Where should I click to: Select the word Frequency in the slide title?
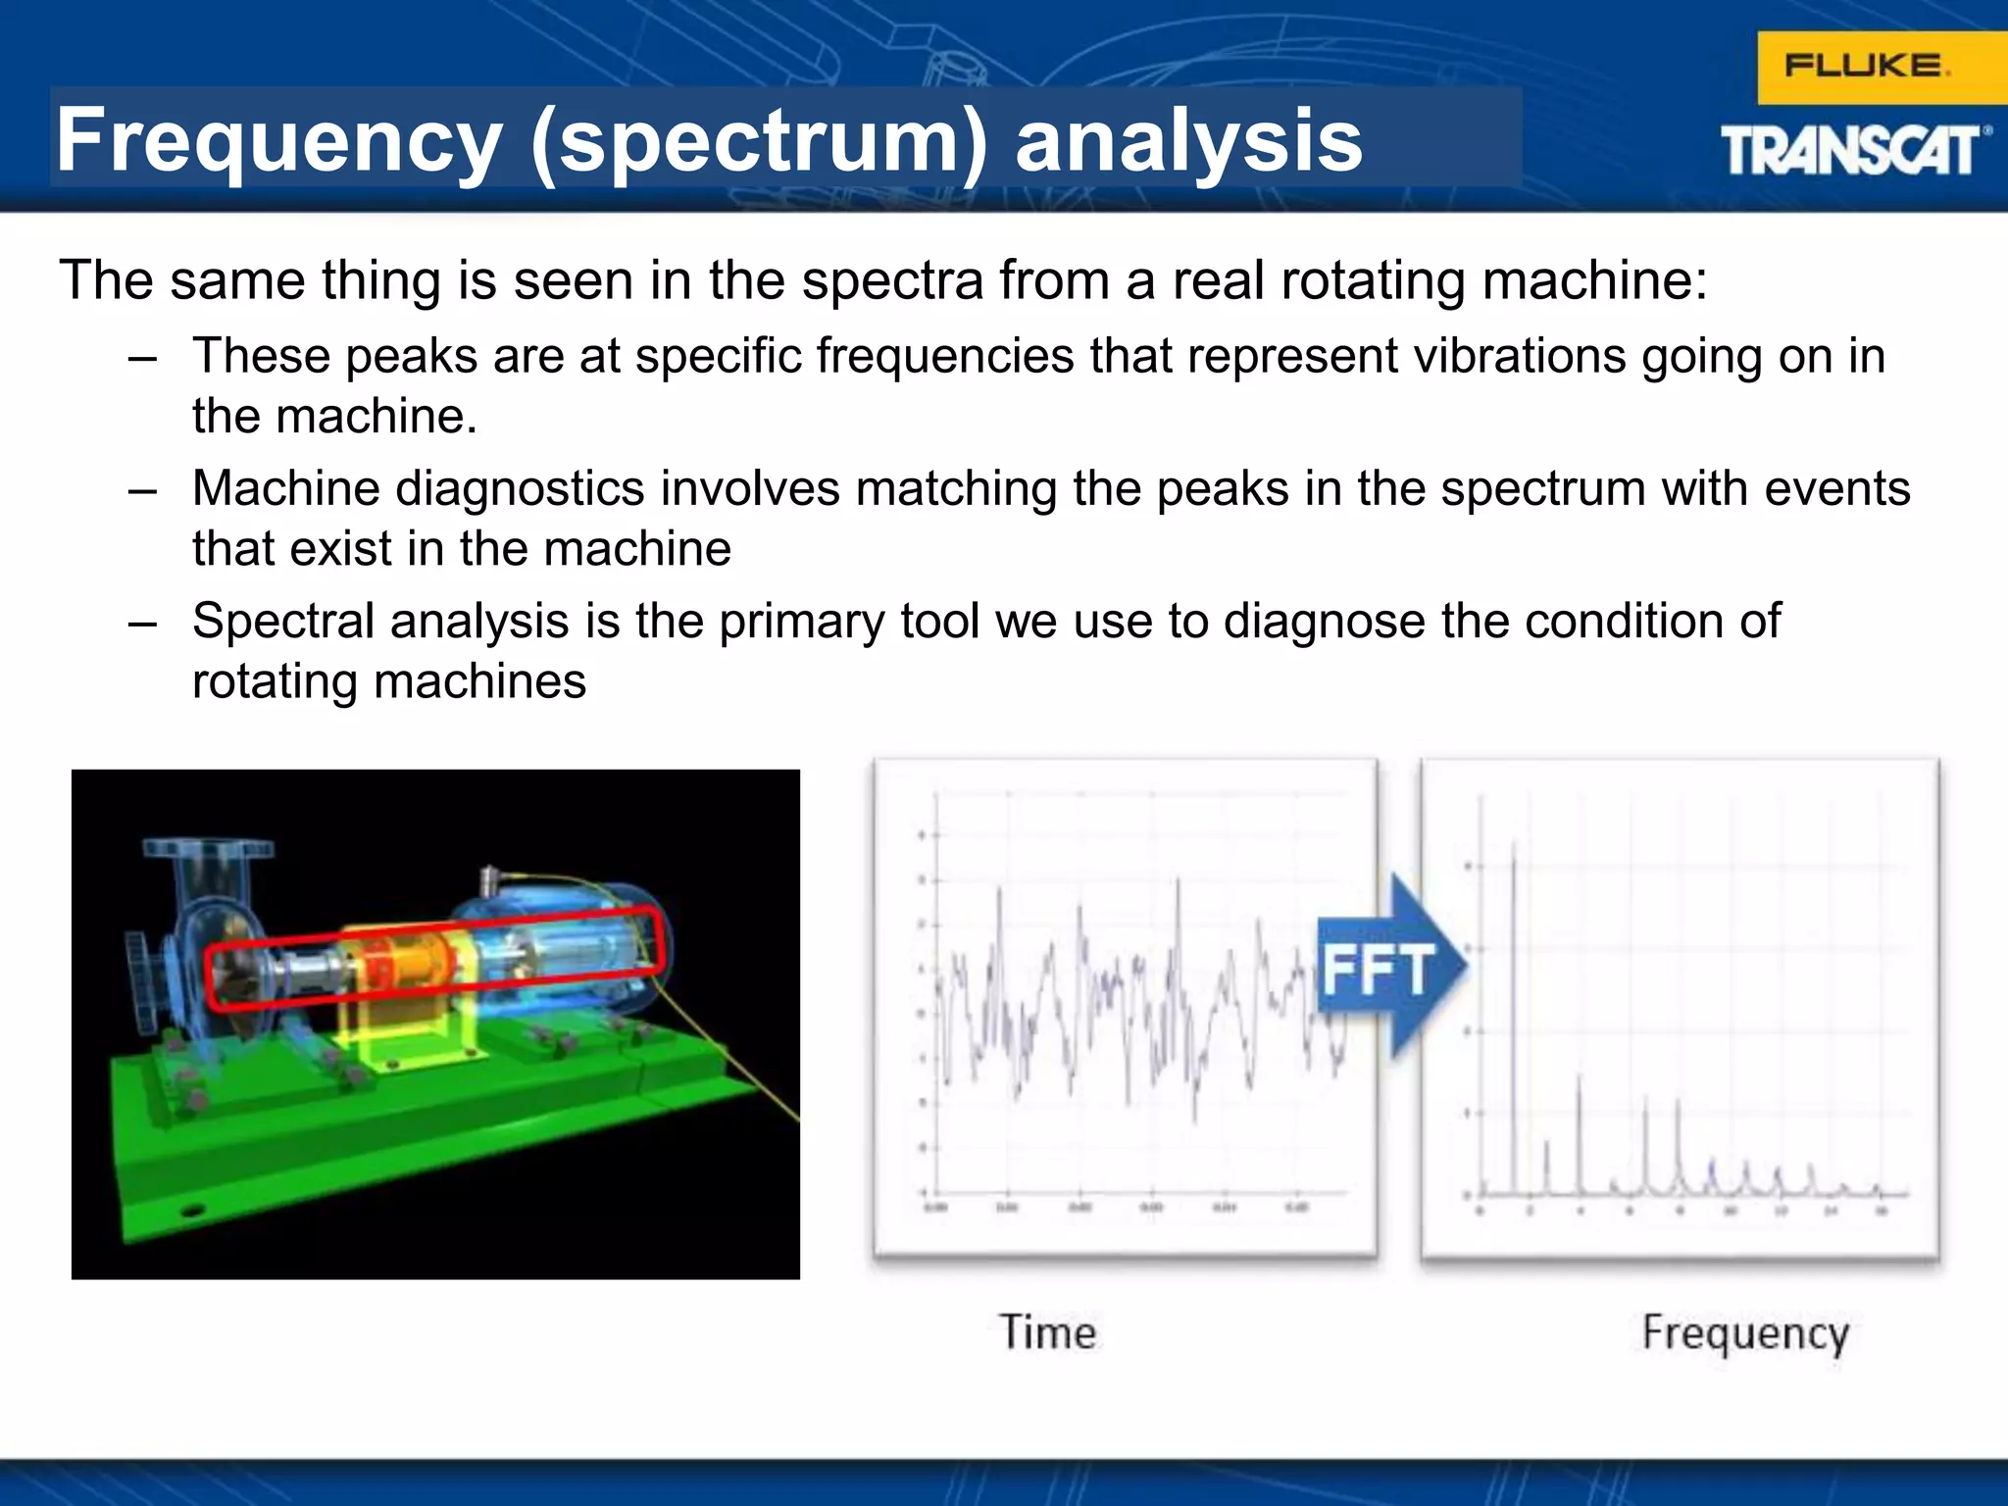(x=278, y=140)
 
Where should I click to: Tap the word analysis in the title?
(x=1188, y=140)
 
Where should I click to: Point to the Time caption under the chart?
(x=1047, y=1332)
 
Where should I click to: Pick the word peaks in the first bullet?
(x=410, y=356)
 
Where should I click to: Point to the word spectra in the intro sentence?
(x=892, y=281)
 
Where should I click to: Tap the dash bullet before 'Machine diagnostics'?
(x=142, y=489)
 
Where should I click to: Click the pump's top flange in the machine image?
(x=208, y=847)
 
